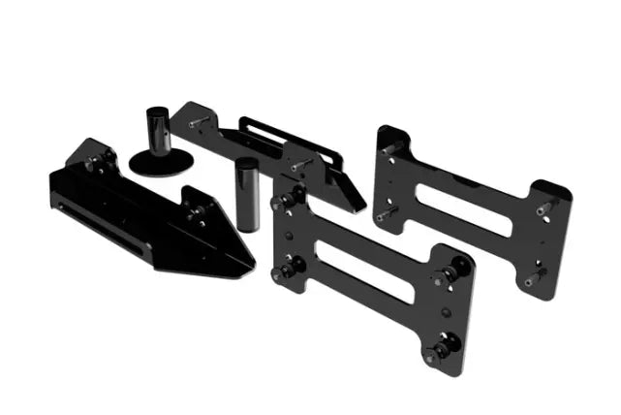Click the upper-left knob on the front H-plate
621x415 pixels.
coord(285,201)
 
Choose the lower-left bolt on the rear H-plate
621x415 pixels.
coord(385,210)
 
